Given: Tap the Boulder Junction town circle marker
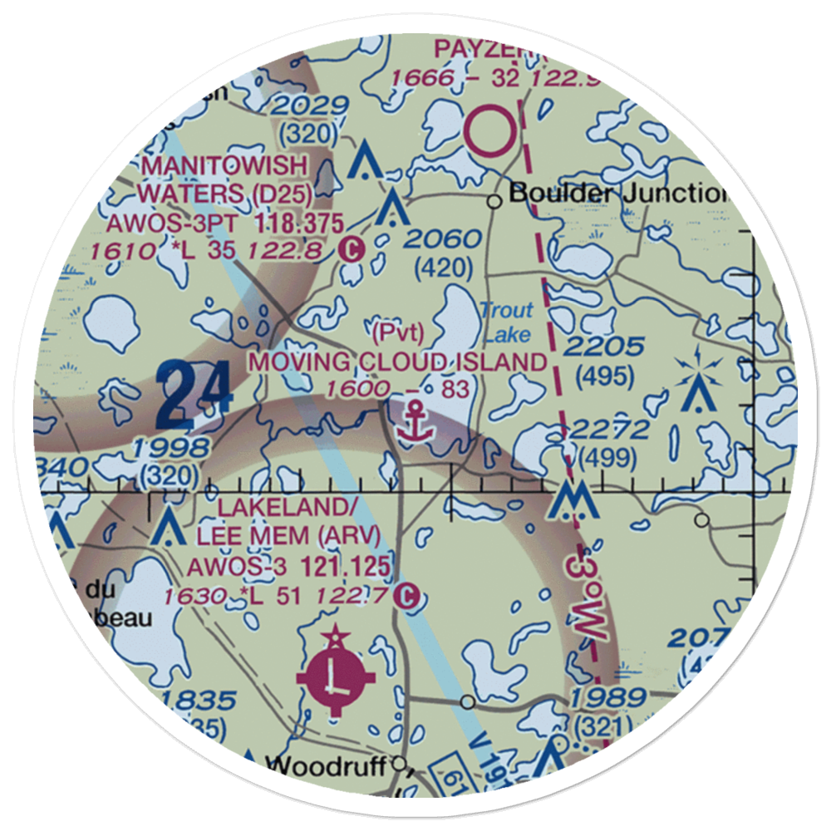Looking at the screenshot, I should (x=494, y=200).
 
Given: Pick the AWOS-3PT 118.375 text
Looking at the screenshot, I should (x=224, y=223).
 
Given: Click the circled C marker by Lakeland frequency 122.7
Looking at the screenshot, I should (x=406, y=595).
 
